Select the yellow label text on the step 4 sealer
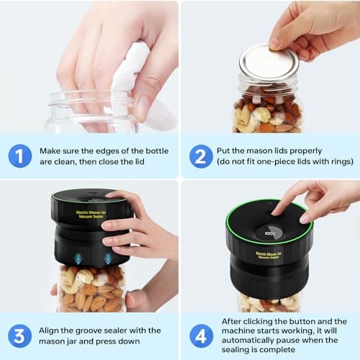268,256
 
